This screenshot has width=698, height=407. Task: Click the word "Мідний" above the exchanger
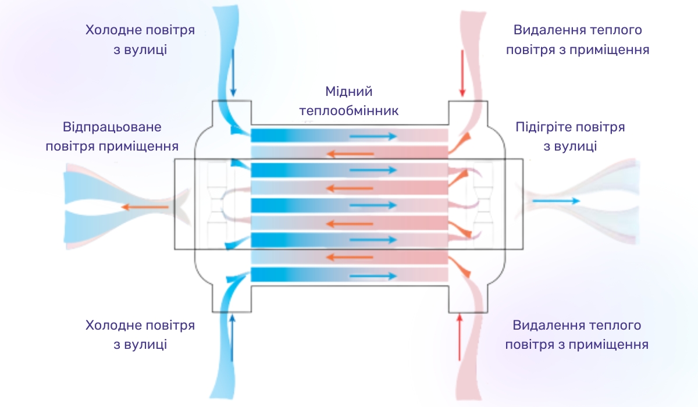pyautogui.click(x=348, y=91)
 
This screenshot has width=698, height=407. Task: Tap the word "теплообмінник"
pyautogui.click(x=348, y=110)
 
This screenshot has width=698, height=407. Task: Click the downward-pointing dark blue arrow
pyautogui.click(x=233, y=73)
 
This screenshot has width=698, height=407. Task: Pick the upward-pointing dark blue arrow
pyautogui.click(x=233, y=338)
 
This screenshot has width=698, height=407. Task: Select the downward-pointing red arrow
pyautogui.click(x=462, y=73)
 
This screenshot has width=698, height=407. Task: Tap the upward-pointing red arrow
pyautogui.click(x=460, y=337)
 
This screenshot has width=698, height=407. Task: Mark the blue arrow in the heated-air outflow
pyautogui.click(x=556, y=201)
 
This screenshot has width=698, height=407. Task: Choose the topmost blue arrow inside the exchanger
pyautogui.click(x=373, y=137)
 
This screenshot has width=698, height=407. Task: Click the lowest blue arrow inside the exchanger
pyautogui.click(x=373, y=275)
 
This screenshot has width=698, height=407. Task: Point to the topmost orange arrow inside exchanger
pyautogui.click(x=350, y=154)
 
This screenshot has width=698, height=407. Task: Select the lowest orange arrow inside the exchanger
pyautogui.click(x=350, y=258)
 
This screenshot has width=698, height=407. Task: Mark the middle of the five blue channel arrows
pyautogui.click(x=373, y=205)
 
